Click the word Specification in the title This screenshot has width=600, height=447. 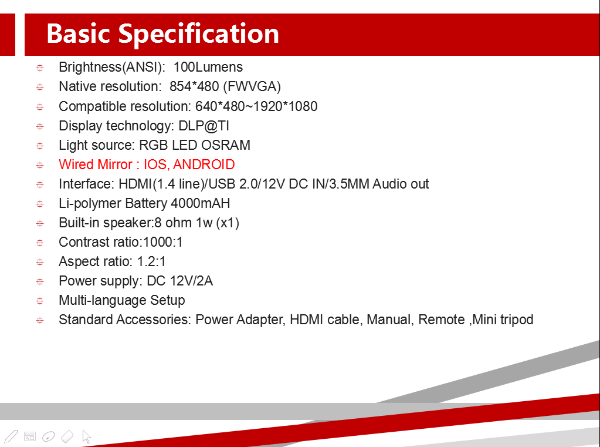pos(199,34)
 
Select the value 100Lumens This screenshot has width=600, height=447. pos(208,67)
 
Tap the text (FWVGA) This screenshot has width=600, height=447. pos(252,87)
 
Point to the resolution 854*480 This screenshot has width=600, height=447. pos(194,87)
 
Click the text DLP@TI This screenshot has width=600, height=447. pos(204,126)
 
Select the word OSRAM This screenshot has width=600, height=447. pos(226,145)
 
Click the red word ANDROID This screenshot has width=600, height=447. pos(204,164)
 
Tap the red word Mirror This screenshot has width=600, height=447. pos(114,164)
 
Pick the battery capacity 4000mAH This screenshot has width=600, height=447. pos(200,203)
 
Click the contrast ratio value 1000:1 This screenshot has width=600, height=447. pos(162,242)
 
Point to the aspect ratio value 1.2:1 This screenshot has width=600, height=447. pos(151,261)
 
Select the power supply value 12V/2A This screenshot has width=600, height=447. pos(191,281)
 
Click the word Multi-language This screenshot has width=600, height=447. pos(103,301)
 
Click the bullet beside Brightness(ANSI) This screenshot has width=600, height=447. pos(40,68)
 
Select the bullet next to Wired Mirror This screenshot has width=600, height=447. pos(40,165)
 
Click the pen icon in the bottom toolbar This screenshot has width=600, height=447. pos(11,436)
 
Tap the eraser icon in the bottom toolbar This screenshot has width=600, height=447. pos(67,436)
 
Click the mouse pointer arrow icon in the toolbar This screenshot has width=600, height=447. pos(86,436)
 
